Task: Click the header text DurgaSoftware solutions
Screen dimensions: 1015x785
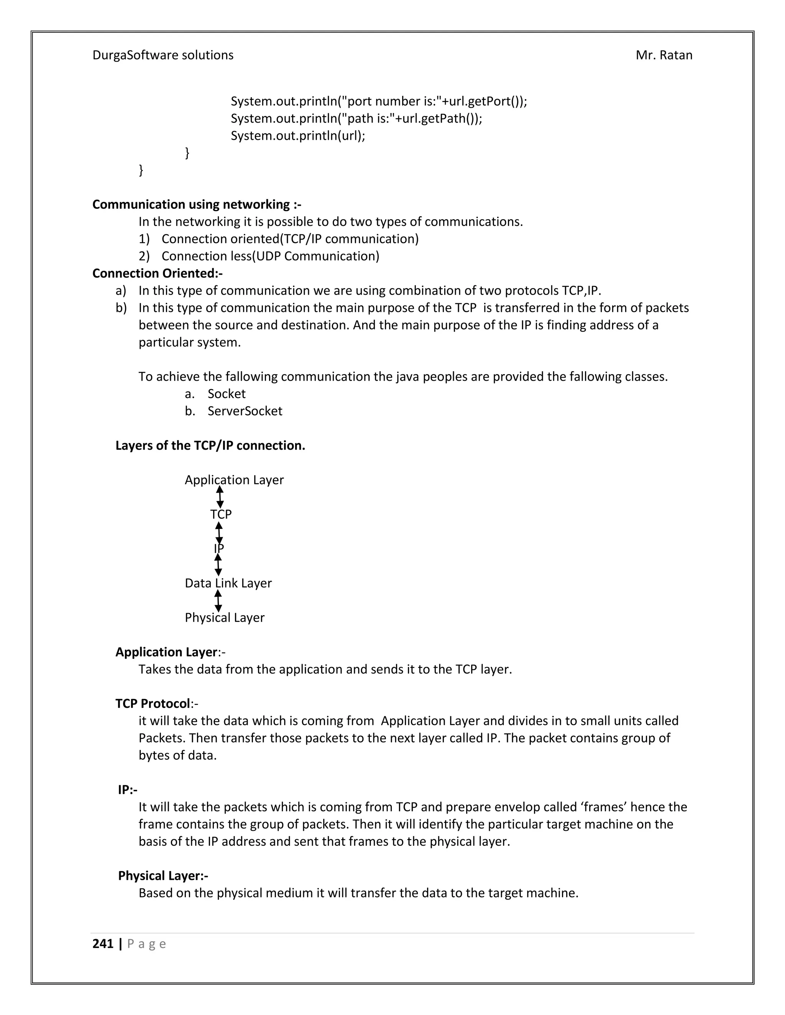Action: (x=163, y=55)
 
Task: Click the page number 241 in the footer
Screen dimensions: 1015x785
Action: (x=103, y=943)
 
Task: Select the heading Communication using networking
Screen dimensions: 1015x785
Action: (x=196, y=205)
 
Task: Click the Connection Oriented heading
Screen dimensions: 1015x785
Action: (x=157, y=273)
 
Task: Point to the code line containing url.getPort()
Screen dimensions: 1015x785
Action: (x=379, y=101)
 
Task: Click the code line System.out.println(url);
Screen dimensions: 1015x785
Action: (x=297, y=136)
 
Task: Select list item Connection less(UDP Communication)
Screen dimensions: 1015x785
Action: (x=270, y=256)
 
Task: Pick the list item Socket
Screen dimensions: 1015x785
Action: (x=226, y=394)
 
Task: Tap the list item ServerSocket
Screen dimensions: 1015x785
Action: (x=245, y=411)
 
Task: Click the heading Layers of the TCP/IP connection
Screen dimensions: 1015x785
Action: (x=210, y=446)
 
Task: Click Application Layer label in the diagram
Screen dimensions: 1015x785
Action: (x=234, y=480)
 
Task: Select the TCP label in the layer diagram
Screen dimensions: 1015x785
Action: (x=221, y=514)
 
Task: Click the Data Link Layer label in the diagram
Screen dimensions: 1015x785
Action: (x=228, y=583)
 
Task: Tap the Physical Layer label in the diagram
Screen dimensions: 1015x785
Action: (x=224, y=618)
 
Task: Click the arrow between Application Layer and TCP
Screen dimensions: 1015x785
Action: (x=220, y=497)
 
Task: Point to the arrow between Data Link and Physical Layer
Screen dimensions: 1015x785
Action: (x=218, y=601)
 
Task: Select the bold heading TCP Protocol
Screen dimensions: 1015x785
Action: (x=153, y=704)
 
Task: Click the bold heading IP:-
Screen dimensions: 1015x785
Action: (x=127, y=790)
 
